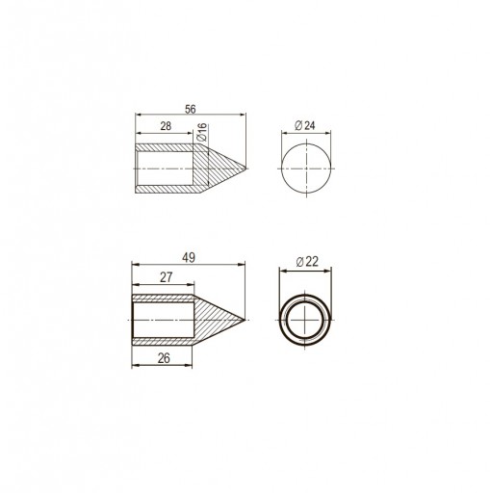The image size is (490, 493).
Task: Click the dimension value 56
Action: point(190,109)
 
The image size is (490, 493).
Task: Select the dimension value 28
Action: point(166,126)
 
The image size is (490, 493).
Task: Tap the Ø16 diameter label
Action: point(202,132)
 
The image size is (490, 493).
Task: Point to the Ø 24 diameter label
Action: point(304,125)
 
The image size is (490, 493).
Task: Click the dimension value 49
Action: point(189,258)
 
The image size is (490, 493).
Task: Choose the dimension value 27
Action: point(166,277)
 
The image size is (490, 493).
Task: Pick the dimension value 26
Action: point(164,358)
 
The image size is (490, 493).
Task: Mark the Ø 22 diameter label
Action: point(307,262)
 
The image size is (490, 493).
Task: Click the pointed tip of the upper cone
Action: point(245,169)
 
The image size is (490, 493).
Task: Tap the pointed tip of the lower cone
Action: point(245,320)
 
